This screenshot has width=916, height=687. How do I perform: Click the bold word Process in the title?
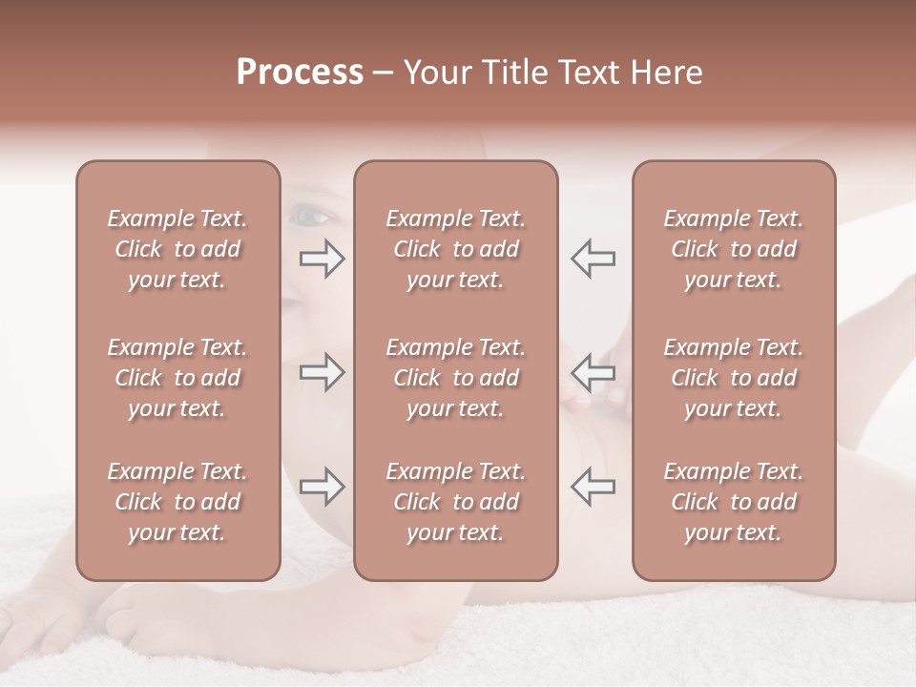[x=300, y=73]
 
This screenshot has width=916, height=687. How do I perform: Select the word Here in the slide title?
[x=666, y=73]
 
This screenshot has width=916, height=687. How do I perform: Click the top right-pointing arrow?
[x=322, y=258]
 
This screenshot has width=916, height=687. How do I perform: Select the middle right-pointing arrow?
[x=322, y=372]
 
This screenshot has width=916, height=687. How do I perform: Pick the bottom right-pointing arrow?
[x=322, y=487]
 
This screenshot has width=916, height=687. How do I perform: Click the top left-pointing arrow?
[x=593, y=258]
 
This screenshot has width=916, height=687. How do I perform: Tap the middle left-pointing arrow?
[x=593, y=372]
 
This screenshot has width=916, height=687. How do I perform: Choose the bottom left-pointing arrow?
[x=593, y=487]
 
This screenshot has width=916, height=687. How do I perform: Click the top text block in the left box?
[x=177, y=249]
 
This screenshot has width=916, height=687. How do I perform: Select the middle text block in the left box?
[x=177, y=378]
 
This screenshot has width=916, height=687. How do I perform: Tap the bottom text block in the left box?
[x=177, y=502]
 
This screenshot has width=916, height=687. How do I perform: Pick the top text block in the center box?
[x=455, y=249]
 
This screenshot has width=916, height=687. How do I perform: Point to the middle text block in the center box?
[x=455, y=378]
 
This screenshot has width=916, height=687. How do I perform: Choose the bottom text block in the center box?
[x=455, y=502]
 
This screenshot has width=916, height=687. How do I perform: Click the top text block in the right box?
[x=733, y=249]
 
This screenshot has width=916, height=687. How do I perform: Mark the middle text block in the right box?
[x=733, y=378]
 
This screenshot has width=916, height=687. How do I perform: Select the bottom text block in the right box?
[x=733, y=502]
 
